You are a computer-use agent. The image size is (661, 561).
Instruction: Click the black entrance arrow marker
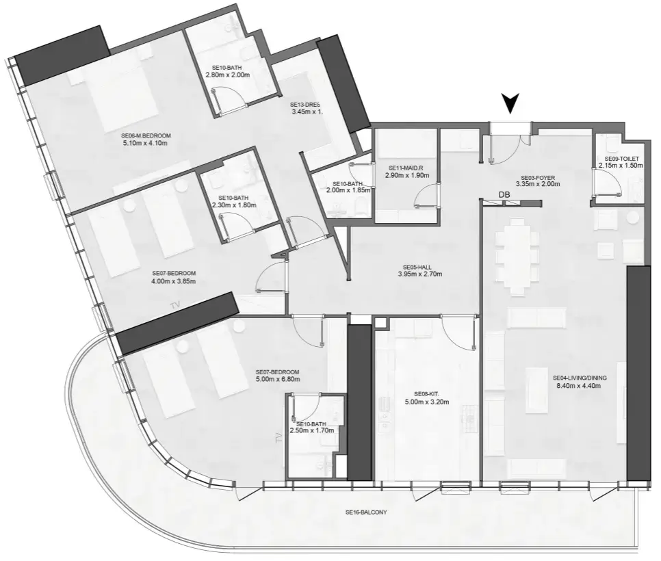click(509, 103)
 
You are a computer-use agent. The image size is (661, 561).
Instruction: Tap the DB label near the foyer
click(505, 195)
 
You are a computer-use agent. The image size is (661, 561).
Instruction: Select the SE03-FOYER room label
click(537, 175)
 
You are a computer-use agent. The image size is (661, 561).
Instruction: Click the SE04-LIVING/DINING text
click(580, 377)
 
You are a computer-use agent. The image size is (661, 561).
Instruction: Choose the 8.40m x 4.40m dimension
click(580, 386)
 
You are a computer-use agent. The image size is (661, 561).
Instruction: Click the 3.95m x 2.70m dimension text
click(419, 275)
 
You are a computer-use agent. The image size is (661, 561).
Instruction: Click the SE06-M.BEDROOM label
click(145, 135)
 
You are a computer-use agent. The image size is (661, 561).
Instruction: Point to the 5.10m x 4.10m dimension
click(145, 144)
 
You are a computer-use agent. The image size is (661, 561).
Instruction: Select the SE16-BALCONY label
click(366, 512)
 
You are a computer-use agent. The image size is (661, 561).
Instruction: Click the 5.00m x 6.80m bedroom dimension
click(277, 379)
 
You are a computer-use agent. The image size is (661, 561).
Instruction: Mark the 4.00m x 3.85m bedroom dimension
click(174, 280)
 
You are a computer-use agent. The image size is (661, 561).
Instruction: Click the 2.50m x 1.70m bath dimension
click(311, 431)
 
